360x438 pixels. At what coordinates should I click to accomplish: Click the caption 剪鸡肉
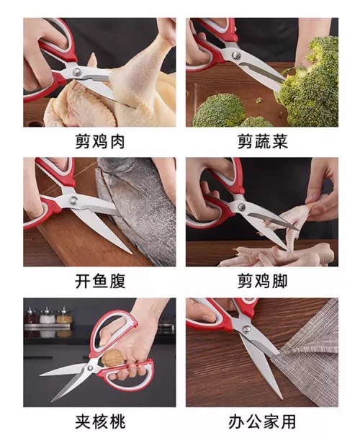click(99, 142)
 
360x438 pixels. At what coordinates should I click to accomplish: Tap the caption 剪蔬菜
click(263, 142)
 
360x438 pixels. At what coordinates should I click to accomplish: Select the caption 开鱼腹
click(99, 281)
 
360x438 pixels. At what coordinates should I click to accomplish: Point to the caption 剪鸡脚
click(263, 281)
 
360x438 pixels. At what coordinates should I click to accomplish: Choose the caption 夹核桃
click(99, 421)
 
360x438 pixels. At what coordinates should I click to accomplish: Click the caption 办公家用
click(262, 421)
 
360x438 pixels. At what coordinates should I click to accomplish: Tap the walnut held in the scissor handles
click(111, 357)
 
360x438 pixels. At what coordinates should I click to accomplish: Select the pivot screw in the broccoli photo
click(236, 55)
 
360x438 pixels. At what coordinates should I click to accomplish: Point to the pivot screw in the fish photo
click(73, 200)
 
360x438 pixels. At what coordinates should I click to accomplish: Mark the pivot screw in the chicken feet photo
click(241, 207)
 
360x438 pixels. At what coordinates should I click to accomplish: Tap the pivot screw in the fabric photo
click(246, 328)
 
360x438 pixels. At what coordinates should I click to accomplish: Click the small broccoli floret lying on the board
click(219, 110)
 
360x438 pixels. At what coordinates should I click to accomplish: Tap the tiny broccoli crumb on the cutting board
click(259, 100)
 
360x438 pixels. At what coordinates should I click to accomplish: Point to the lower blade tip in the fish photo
click(131, 253)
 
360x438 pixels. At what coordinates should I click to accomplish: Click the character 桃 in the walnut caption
click(117, 421)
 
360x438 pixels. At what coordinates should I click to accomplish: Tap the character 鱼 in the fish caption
click(99, 281)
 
